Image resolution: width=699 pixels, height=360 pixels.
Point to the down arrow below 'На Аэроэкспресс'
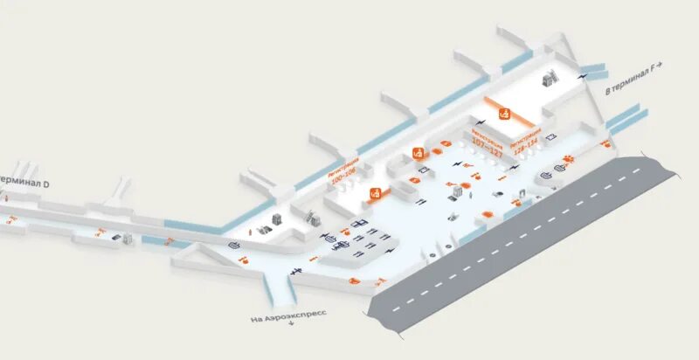[x=291, y=325]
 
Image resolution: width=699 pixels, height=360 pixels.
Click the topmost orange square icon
[x=503, y=113]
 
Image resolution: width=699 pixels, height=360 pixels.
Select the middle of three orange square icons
[x=418, y=152]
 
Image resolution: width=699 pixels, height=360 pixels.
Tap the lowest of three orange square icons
[x=375, y=193]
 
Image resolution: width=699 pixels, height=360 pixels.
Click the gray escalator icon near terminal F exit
[x=550, y=78]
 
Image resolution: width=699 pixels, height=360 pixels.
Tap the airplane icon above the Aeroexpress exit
[x=296, y=273]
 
